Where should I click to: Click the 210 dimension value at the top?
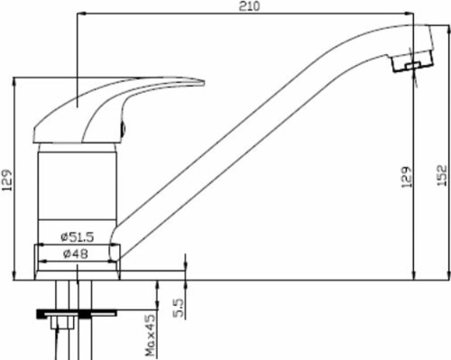tap(249, 6)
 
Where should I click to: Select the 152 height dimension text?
tap(442, 175)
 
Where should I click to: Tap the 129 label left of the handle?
tap(7, 180)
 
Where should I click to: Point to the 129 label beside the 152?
tap(407, 178)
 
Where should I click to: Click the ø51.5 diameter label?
tap(78, 237)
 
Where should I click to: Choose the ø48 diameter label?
tap(76, 254)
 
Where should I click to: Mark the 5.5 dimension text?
tap(178, 308)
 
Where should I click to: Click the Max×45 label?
tap(150, 335)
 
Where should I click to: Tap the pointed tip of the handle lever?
tap(204, 82)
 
